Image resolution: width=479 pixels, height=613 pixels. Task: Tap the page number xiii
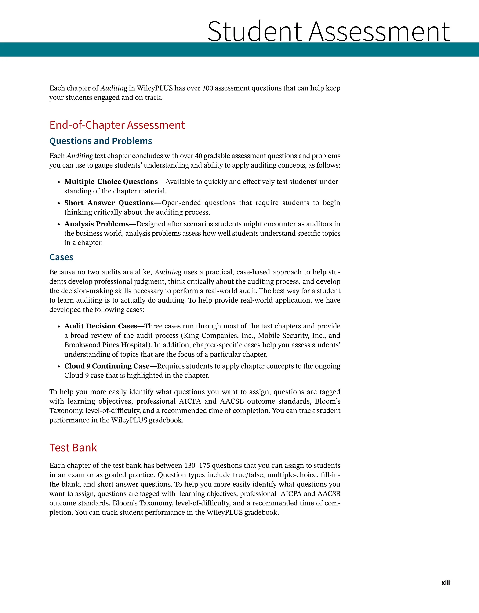(x=446, y=582)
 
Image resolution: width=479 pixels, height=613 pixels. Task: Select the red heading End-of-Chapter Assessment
(x=117, y=125)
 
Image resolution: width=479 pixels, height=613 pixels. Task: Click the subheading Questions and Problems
(x=101, y=141)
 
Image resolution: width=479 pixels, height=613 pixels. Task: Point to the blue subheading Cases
(x=61, y=257)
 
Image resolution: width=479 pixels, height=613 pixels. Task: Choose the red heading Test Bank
(x=73, y=447)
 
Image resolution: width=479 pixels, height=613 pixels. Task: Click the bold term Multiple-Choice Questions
(x=111, y=182)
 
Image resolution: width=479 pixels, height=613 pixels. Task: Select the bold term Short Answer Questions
(x=109, y=203)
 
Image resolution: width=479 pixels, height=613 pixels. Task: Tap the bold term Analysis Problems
(x=96, y=224)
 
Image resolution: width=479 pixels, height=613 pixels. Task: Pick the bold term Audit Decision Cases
(x=101, y=326)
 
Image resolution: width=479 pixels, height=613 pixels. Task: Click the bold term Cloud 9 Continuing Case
(x=107, y=366)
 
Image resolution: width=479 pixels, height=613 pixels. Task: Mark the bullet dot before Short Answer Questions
(x=59, y=203)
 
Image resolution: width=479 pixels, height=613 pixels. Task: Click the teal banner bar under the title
(x=239, y=49)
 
